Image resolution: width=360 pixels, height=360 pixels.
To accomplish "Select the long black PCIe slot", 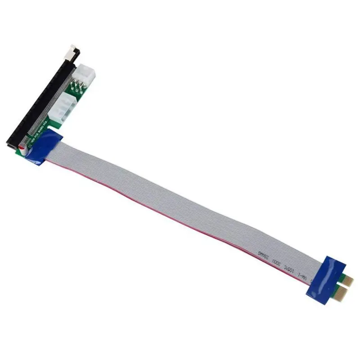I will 45,99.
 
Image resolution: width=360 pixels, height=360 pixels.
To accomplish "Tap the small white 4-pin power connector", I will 85,73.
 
